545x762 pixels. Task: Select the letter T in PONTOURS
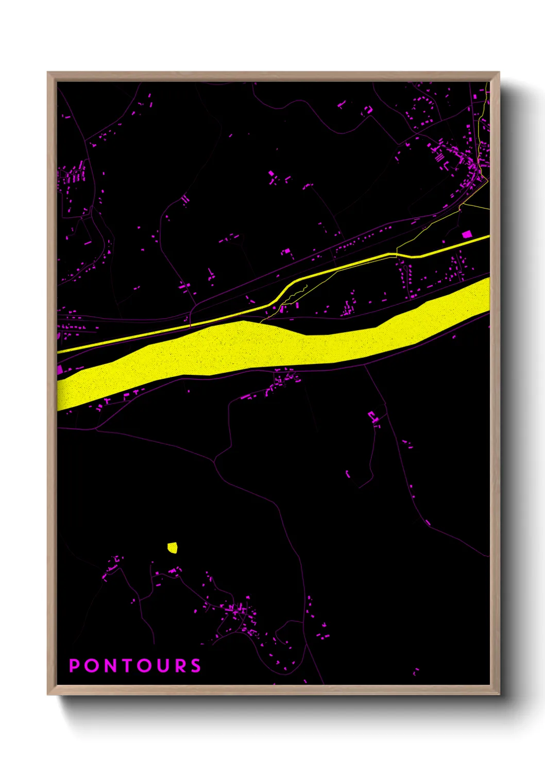[x=128, y=666]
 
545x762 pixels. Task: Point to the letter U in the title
[x=162, y=666]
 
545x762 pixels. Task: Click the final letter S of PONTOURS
[x=196, y=666]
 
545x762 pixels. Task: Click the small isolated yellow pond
[x=173, y=547]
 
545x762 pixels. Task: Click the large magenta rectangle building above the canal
[x=467, y=234]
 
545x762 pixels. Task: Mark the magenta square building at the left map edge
[x=60, y=369]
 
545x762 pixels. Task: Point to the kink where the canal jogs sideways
[x=283, y=293]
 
